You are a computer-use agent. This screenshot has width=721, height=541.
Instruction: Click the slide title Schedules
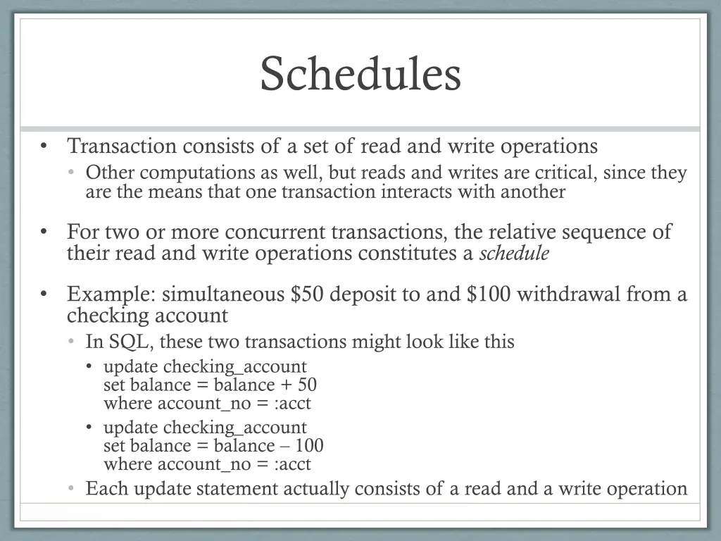point(360,74)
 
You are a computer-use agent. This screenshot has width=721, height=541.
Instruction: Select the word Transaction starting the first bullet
point(122,147)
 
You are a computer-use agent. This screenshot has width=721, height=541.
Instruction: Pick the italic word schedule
point(513,254)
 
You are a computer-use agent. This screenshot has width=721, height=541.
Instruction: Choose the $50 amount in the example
point(307,294)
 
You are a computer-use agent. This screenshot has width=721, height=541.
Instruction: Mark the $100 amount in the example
point(489,294)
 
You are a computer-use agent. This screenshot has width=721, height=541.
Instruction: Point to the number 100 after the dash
point(309,446)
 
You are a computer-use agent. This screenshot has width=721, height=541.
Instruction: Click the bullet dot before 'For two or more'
point(44,232)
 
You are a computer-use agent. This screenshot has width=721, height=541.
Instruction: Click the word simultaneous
point(223,294)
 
